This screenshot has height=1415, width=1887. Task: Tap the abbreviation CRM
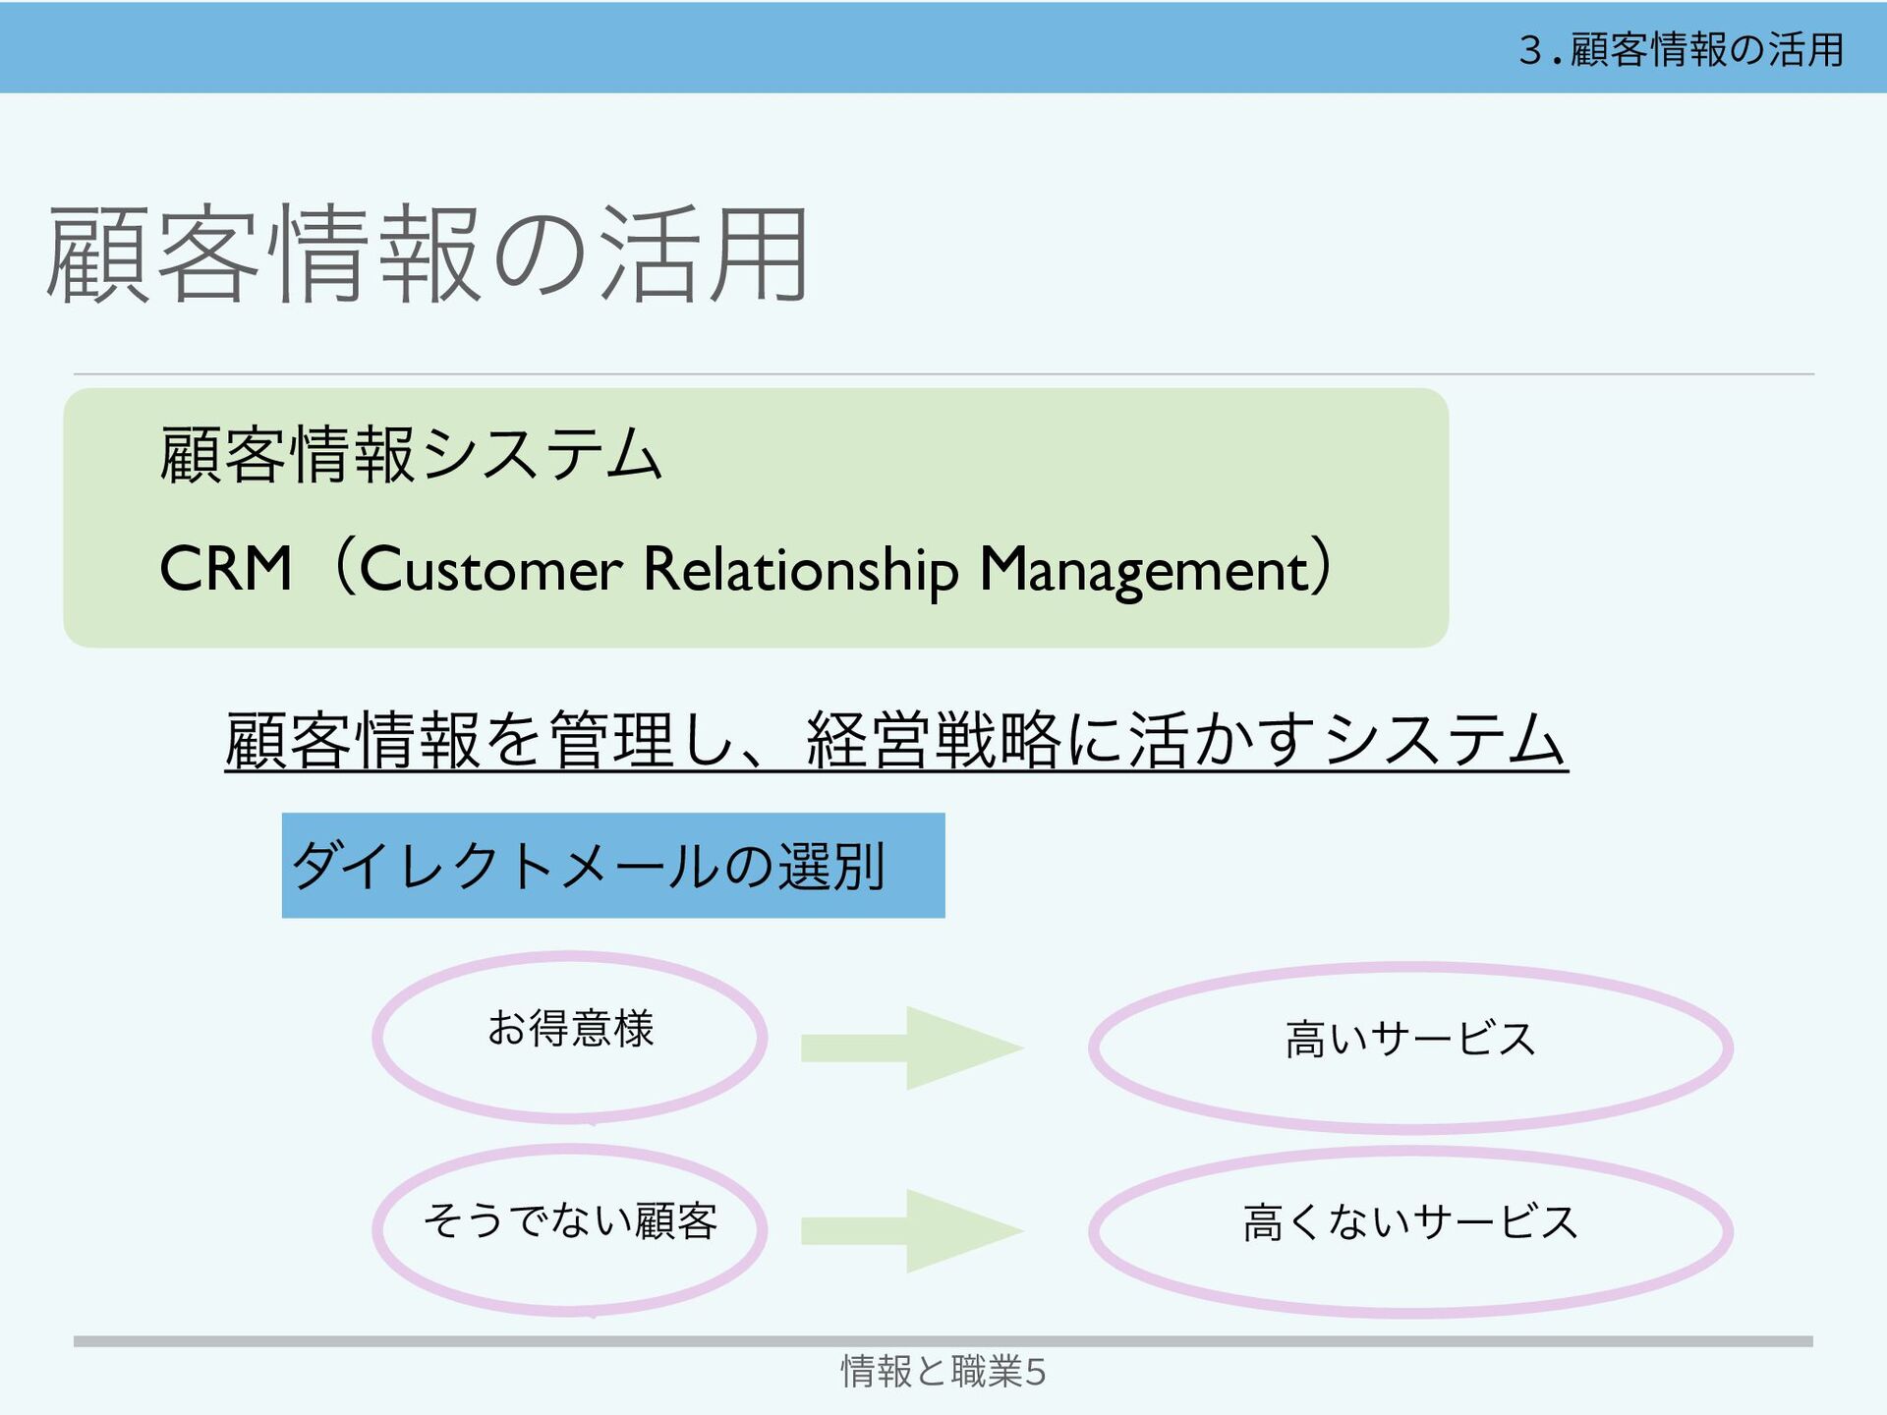[226, 569]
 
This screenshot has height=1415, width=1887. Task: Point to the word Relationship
[800, 570]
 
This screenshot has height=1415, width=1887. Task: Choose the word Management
[1145, 570]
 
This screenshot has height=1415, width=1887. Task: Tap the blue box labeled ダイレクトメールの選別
[612, 866]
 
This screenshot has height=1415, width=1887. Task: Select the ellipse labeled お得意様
[570, 1037]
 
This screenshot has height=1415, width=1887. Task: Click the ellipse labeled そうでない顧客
[570, 1228]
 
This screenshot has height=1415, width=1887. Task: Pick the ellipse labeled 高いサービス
[1410, 1047]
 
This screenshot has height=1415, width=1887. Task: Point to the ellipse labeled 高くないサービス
[1410, 1230]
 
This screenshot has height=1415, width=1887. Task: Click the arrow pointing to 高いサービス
[912, 1047]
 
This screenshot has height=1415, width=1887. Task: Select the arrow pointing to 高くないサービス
[912, 1230]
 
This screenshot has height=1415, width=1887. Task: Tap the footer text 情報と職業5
[943, 1371]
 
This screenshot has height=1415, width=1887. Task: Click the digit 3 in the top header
[1529, 49]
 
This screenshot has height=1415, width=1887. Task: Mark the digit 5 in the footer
[1035, 1372]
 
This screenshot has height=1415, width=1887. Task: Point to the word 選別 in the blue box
[831, 866]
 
